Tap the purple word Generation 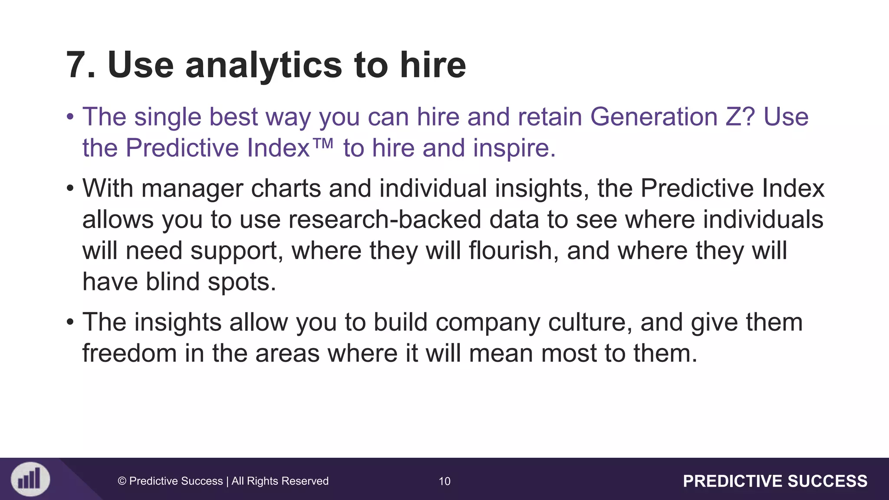pyautogui.click(x=653, y=117)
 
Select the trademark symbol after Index pyautogui.click(x=323, y=143)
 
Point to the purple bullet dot pyautogui.click(x=70, y=117)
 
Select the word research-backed pyautogui.click(x=385, y=220)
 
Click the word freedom pyautogui.click(x=129, y=353)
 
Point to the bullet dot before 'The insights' pyautogui.click(x=70, y=322)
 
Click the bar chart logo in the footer pyautogui.click(x=30, y=479)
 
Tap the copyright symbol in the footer pyautogui.click(x=122, y=481)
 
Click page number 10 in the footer pyautogui.click(x=444, y=481)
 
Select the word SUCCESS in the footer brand pyautogui.click(x=827, y=481)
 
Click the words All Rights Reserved pyautogui.click(x=280, y=481)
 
